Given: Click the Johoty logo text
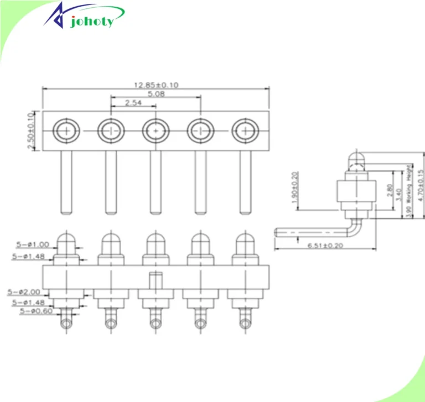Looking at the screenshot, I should point(92,21).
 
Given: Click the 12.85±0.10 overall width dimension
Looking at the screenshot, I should point(156,85).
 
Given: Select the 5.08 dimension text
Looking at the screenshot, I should point(156,94).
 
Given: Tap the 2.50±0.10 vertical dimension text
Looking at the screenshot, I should point(31,131).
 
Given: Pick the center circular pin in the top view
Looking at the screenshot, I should point(156,131).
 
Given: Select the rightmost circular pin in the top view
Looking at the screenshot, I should point(244,131).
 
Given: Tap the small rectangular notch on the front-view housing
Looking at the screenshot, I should point(156,279).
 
